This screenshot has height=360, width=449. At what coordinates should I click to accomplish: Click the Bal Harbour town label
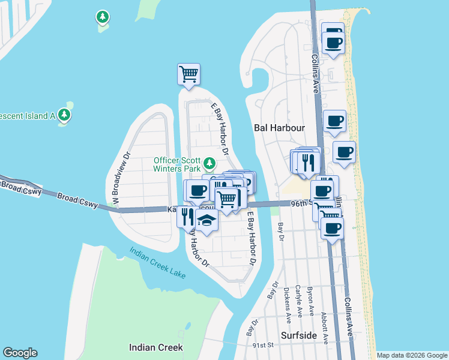(x=280, y=128)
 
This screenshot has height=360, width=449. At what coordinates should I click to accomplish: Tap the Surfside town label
(x=299, y=335)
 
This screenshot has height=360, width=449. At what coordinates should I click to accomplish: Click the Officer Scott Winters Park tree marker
(x=209, y=163)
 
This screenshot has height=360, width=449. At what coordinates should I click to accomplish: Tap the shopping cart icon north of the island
(x=188, y=74)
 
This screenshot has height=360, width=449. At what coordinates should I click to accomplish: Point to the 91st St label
(x=263, y=346)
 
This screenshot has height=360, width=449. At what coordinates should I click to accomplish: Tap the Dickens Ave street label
(x=289, y=311)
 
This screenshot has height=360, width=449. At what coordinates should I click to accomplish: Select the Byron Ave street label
(x=311, y=302)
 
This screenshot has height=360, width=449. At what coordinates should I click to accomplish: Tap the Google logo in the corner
(x=20, y=353)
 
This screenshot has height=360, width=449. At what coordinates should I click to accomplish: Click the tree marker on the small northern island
(x=103, y=17)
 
